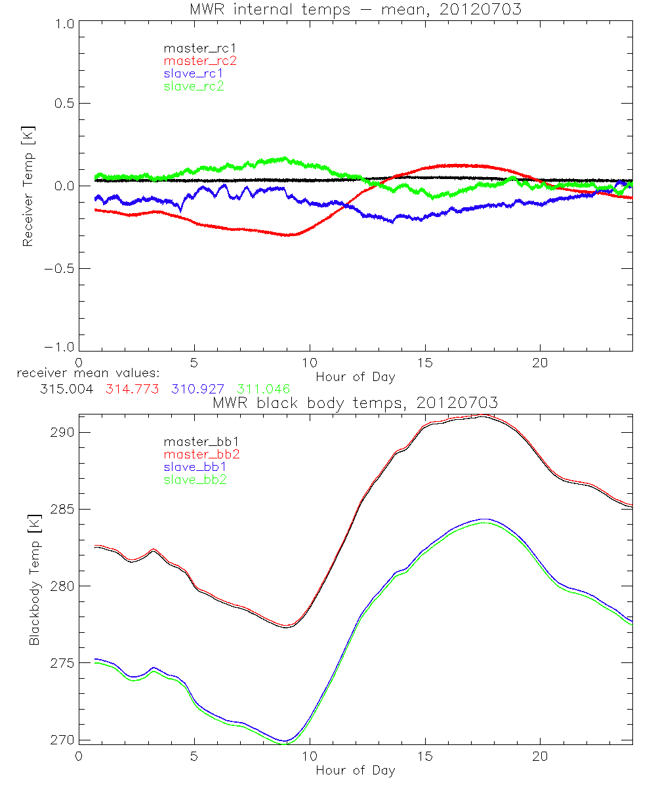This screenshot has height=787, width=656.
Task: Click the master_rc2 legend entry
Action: (x=200, y=61)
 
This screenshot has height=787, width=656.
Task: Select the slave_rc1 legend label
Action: (x=194, y=73)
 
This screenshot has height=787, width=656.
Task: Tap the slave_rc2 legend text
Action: (x=194, y=86)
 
